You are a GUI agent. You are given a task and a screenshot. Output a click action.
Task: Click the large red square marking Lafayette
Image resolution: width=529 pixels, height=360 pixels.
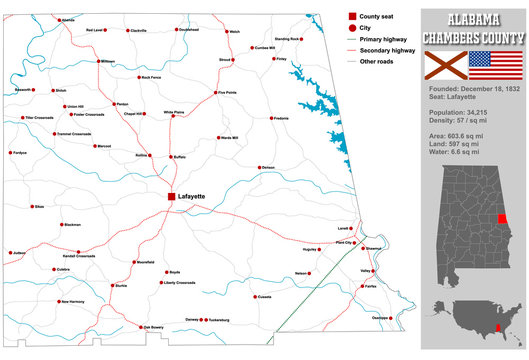coord(171,197)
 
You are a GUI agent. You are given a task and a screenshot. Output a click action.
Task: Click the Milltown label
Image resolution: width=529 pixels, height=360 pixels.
coord(107,61)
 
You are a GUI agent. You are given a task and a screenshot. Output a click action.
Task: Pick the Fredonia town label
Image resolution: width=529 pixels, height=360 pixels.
coord(281,118)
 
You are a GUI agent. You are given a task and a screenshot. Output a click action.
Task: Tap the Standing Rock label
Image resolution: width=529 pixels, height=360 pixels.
coord(288,39)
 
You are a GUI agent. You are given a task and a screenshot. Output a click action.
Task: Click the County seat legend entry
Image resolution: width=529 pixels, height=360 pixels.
coord(377,16)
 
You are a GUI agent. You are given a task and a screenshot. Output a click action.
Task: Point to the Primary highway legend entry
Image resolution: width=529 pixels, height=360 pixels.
coord(382,40)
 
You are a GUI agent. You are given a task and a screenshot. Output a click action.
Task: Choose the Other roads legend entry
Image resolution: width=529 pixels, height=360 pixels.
coord(379,62)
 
